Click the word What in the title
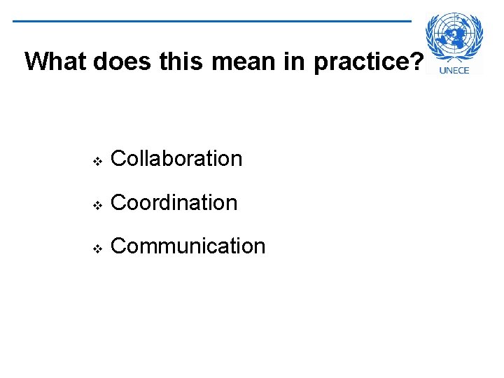(x=55, y=62)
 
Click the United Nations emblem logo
(x=455, y=36)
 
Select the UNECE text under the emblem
(x=459, y=69)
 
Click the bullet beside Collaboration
(x=97, y=160)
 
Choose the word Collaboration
(x=176, y=159)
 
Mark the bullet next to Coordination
(x=97, y=204)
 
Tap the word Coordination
(x=174, y=203)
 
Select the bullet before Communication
(x=97, y=248)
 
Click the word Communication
(x=188, y=246)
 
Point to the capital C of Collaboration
(x=118, y=159)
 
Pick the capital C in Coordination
(x=118, y=203)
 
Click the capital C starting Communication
(x=118, y=246)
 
